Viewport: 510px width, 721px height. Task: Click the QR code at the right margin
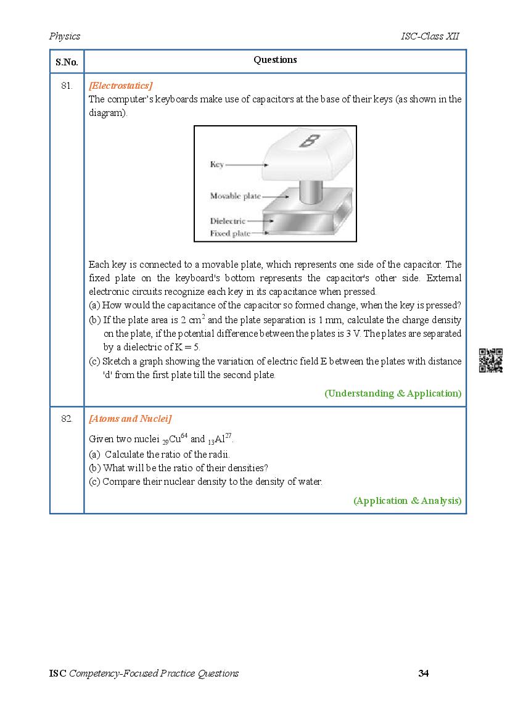[491, 361]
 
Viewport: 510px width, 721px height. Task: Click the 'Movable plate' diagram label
[235, 196]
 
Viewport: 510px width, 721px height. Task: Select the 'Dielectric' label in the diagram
[228, 221]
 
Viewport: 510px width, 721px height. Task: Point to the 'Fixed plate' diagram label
[230, 234]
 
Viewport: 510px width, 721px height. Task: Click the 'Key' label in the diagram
[216, 165]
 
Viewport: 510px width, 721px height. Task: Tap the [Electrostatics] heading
[121, 86]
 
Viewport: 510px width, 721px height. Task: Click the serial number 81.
[67, 86]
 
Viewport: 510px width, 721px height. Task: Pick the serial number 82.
[67, 419]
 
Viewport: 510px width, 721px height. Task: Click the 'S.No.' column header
[67, 62]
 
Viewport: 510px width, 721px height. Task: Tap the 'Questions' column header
[275, 60]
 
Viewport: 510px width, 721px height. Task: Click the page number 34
[423, 673]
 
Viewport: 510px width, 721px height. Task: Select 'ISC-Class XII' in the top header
[429, 36]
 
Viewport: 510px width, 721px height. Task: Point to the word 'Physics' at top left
[65, 36]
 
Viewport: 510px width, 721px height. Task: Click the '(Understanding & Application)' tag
[393, 393]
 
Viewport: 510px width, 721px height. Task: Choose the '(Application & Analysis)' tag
[407, 501]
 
